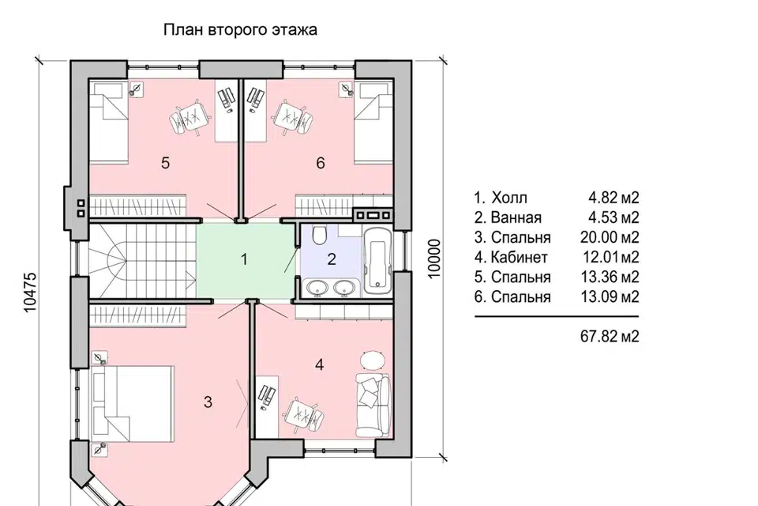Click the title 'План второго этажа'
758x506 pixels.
tap(240, 30)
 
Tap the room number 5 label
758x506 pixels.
tap(165, 163)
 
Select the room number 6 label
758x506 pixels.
tap(321, 163)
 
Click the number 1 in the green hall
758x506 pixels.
tap(245, 259)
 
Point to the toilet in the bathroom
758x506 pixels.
tap(320, 236)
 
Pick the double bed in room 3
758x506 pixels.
tap(132, 404)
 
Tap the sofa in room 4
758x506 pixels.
tap(373, 406)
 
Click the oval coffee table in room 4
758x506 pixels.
tap(373, 361)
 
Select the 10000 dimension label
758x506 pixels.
tap(434, 259)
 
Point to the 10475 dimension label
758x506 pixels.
tap(30, 293)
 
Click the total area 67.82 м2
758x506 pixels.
tap(610, 336)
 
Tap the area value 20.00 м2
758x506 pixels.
tap(610, 237)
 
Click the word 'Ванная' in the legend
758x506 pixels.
tap(516, 217)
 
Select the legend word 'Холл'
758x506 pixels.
tap(509, 198)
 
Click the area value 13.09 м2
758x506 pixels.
tap(610, 296)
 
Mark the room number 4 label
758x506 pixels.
tap(319, 364)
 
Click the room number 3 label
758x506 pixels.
tap(208, 402)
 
